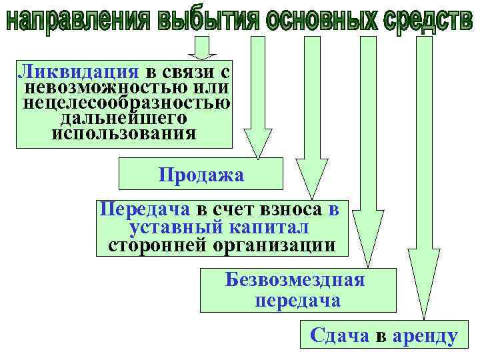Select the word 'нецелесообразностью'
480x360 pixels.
pos(127,103)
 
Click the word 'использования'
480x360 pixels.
pos(124,133)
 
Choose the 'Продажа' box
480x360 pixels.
pos(201,175)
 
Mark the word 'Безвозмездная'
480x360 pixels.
pos(295,279)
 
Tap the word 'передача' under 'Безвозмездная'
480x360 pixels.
pos(297,300)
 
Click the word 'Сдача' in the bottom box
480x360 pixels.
pos(339,336)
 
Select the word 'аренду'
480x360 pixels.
pos(425,336)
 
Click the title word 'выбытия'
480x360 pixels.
pos(203,20)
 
